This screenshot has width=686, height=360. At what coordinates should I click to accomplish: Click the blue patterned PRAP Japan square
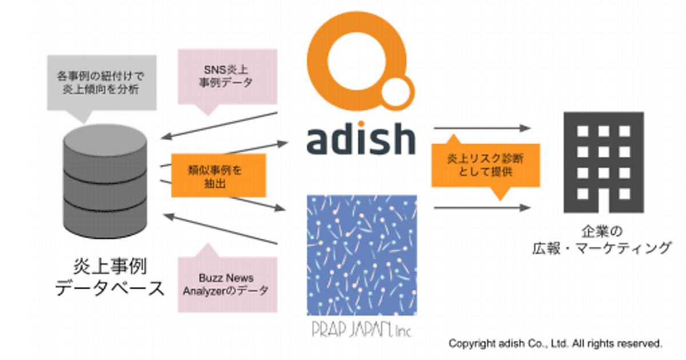[362, 254]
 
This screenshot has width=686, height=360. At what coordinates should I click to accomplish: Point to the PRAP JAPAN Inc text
[361, 330]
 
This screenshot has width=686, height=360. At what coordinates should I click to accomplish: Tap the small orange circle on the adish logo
[397, 91]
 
